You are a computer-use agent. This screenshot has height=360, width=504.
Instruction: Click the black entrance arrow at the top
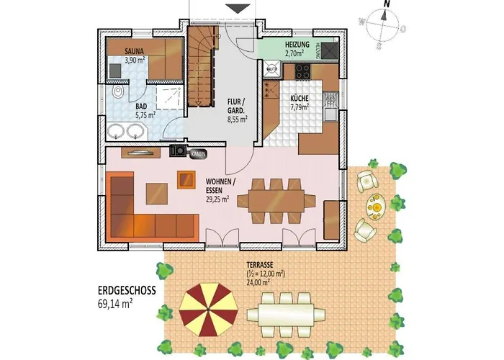[235, 8]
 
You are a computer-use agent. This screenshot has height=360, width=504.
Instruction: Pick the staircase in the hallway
[202, 68]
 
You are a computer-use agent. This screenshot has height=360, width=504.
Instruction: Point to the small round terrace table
[374, 208]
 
